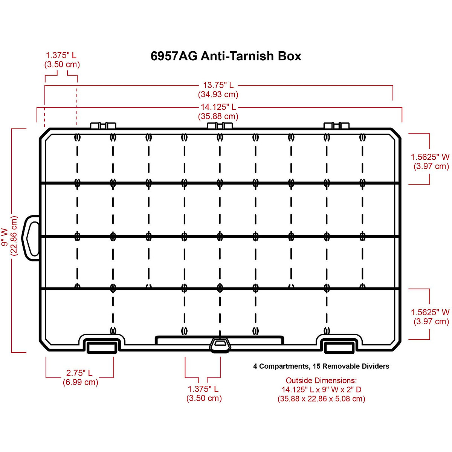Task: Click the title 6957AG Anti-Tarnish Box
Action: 226,56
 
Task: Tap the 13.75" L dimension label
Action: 218,85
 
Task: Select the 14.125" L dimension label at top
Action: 218,107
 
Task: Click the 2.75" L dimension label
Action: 79,373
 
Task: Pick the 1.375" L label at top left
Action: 61,55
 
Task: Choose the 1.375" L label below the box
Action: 203,389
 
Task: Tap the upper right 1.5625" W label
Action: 430,157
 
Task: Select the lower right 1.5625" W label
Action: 430,312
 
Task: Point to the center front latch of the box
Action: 220,345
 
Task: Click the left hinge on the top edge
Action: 103,125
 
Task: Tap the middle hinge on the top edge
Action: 220,125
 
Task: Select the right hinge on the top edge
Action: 337,125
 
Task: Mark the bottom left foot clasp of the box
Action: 102,347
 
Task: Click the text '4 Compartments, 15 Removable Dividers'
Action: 321,366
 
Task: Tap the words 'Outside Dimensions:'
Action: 321,380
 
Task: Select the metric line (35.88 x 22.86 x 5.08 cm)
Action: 321,399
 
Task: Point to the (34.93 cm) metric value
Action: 218,94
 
